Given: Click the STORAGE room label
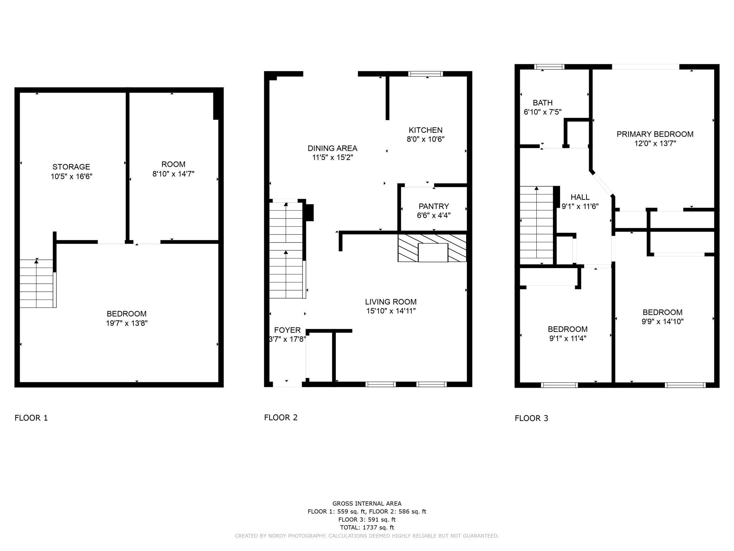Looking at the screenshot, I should pos(71,167).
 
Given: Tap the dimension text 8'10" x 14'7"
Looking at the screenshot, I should pos(173,174).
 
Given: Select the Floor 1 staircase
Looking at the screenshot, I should pos(37,283).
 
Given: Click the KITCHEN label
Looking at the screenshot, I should pos(425,130).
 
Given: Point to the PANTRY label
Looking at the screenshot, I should pos(434,206).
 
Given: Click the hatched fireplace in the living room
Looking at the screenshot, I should pos(432,248).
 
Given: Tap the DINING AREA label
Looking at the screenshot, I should pos(332,148).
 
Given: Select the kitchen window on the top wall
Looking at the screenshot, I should pos(425,74).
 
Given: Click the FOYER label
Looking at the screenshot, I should pos(287,330).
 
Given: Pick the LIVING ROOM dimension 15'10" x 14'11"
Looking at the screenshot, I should pos(391,311).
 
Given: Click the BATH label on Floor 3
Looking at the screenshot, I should pos(542,103).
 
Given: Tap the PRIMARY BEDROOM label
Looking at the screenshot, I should pos(655,134).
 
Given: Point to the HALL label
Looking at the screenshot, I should pos(580,197).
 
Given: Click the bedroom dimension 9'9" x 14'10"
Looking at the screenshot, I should pos(662,321).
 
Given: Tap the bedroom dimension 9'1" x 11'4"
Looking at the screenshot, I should pos(567,338).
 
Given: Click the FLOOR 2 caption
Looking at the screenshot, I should pos(281,417).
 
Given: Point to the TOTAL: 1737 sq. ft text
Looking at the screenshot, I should pos(367,527).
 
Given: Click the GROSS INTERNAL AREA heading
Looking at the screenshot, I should pos(367,503).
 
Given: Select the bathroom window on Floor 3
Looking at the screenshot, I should pos(549,67).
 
